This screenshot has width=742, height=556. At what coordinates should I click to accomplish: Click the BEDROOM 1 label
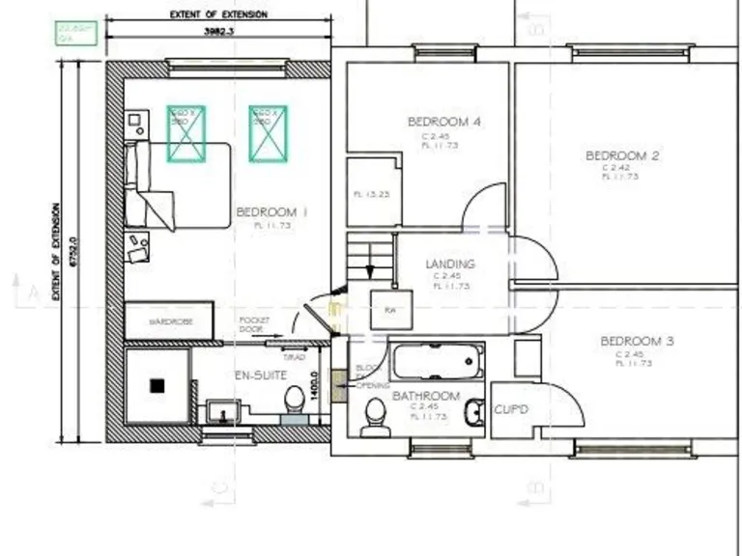point(271,212)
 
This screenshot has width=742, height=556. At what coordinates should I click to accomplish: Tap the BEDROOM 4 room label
point(443,122)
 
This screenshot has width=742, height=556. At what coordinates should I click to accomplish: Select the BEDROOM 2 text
point(621,155)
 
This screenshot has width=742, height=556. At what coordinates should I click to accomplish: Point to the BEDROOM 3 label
point(636,341)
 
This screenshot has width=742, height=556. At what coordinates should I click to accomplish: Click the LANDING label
point(449,264)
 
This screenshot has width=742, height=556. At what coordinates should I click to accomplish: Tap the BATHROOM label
point(425,396)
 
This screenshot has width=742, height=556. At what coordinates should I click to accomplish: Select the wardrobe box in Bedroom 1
point(169,320)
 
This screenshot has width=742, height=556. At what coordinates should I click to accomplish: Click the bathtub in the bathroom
point(437,363)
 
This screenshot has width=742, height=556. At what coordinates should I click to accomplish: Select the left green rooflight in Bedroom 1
point(186,132)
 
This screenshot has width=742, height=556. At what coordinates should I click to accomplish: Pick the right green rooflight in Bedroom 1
point(268,132)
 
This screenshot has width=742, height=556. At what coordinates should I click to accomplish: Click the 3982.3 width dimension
point(219,31)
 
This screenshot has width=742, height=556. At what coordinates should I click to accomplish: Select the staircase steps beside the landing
point(371,260)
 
